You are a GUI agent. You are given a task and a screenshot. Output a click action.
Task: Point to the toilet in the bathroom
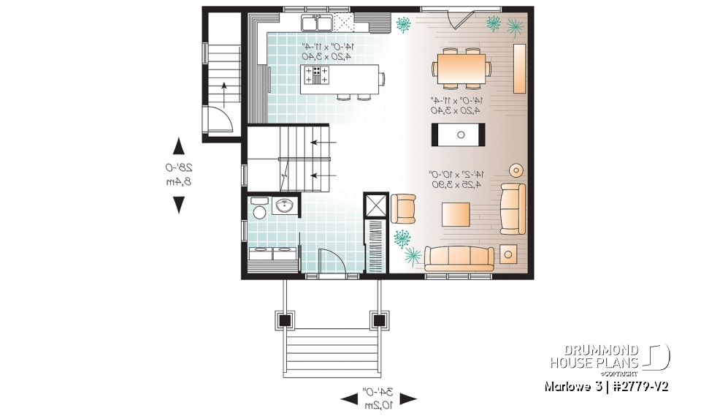point(257,210)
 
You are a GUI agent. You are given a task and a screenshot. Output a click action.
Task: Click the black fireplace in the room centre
point(459,133)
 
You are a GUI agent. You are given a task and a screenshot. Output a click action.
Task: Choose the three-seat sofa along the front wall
point(460,257)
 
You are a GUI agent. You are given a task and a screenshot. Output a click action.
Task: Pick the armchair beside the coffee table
point(403,208)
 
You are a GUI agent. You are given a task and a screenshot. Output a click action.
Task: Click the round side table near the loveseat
point(516,170)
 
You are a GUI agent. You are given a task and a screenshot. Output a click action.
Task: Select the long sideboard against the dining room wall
point(519,68)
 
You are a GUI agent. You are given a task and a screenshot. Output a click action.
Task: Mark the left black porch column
point(284,319)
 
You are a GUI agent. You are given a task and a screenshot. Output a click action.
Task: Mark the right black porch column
point(378,319)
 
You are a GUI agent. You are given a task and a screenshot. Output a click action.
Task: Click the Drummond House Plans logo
point(610,357)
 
